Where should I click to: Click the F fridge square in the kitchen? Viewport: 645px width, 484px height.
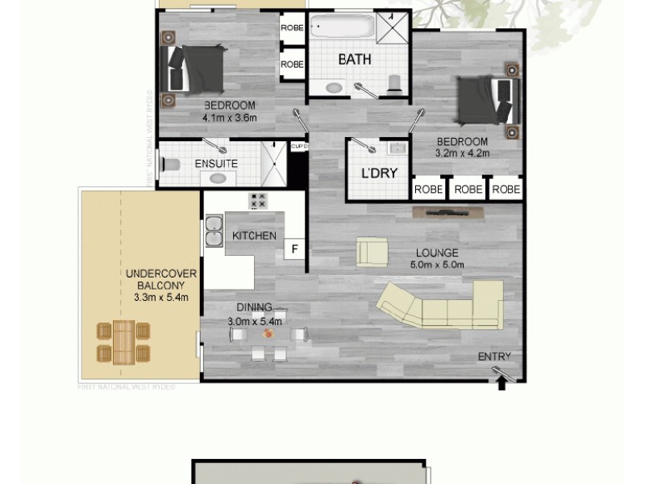pyautogui.click(x=294, y=249)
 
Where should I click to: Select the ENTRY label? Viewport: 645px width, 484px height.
pyautogui.click(x=494, y=357)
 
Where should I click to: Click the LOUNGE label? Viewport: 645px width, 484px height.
pyautogui.click(x=432, y=252)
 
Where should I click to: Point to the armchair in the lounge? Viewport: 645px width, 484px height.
pyautogui.click(x=372, y=252)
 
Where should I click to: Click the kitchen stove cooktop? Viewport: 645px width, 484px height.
pyautogui.click(x=259, y=201)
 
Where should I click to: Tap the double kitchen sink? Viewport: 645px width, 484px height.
pyautogui.click(x=214, y=231)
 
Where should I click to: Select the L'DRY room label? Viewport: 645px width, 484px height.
pyautogui.click(x=375, y=173)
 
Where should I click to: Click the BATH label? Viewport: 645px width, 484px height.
pyautogui.click(x=354, y=59)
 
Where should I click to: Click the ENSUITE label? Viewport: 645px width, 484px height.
pyautogui.click(x=216, y=164)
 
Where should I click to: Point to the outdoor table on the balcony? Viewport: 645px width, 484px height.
pyautogui.click(x=123, y=341)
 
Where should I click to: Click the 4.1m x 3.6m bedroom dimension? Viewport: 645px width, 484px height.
pyautogui.click(x=229, y=117)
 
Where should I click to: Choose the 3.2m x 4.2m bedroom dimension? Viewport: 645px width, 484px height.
pyautogui.click(x=462, y=152)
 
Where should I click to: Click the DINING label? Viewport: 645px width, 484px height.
pyautogui.click(x=253, y=307)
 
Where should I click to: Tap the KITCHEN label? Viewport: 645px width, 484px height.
pyautogui.click(x=254, y=236)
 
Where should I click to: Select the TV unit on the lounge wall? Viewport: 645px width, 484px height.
pyautogui.click(x=445, y=213)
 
